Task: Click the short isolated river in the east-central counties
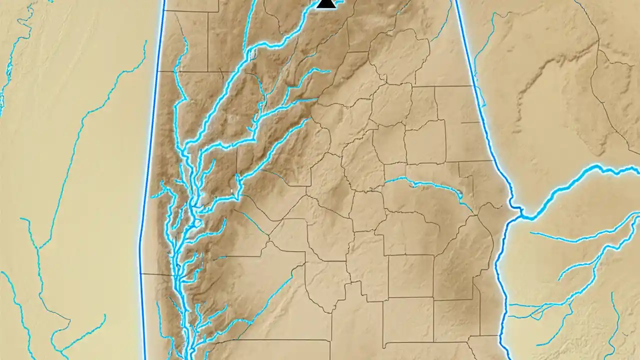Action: (430, 185)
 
